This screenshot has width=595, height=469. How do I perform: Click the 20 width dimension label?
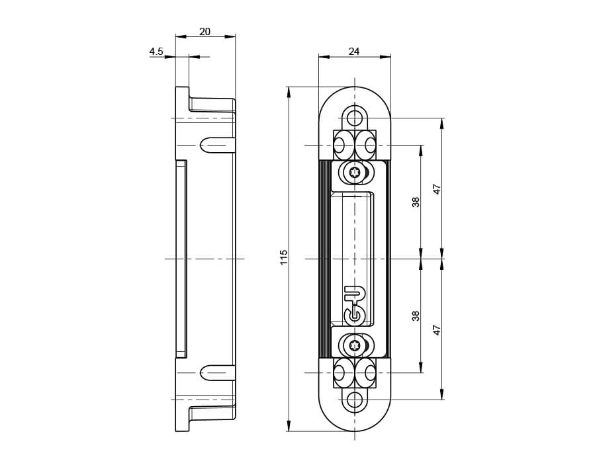205,32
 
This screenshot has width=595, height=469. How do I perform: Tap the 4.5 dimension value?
156,51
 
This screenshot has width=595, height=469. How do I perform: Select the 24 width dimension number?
353,51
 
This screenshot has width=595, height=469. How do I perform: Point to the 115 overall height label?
284,257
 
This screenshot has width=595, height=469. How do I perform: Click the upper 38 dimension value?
416,202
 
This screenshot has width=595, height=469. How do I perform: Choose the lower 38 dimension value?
416,316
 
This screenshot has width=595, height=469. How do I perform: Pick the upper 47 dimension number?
437,189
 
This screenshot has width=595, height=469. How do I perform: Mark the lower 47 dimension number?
437,329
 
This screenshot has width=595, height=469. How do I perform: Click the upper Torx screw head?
355,173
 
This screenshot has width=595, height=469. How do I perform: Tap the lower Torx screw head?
355,345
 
